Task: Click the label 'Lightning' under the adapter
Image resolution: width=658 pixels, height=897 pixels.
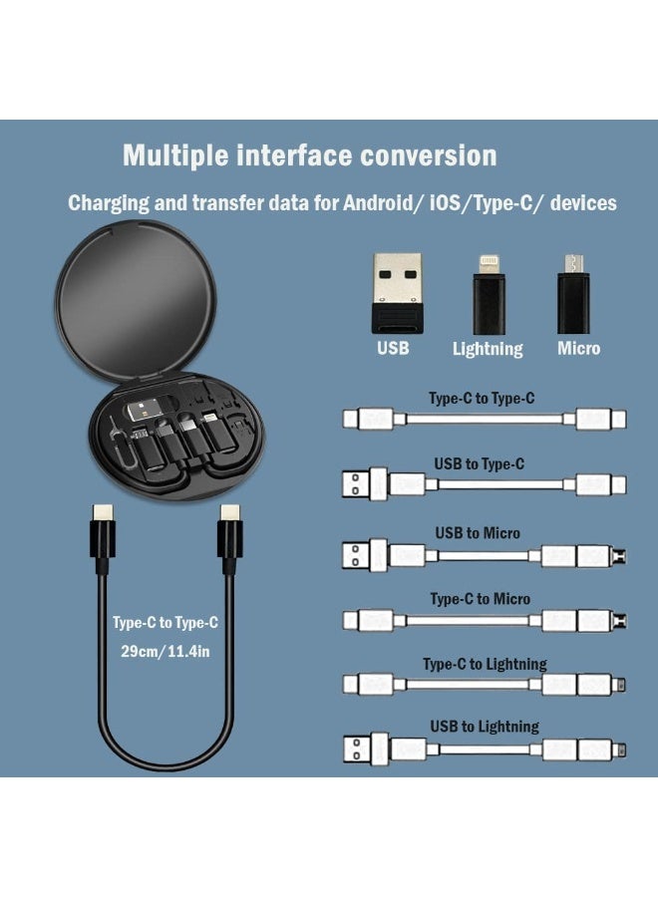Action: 488,349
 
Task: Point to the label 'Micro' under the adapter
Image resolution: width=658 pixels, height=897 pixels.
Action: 579,348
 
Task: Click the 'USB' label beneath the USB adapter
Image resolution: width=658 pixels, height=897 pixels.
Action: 393,348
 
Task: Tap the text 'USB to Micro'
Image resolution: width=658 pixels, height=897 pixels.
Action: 478,533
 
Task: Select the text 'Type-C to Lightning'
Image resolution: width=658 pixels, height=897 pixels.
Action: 485,664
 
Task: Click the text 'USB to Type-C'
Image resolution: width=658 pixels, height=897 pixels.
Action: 479,463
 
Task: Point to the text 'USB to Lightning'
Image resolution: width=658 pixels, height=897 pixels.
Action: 486,727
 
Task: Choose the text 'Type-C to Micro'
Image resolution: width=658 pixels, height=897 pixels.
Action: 480,599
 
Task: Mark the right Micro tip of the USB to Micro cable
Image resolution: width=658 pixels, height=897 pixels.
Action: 620,554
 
